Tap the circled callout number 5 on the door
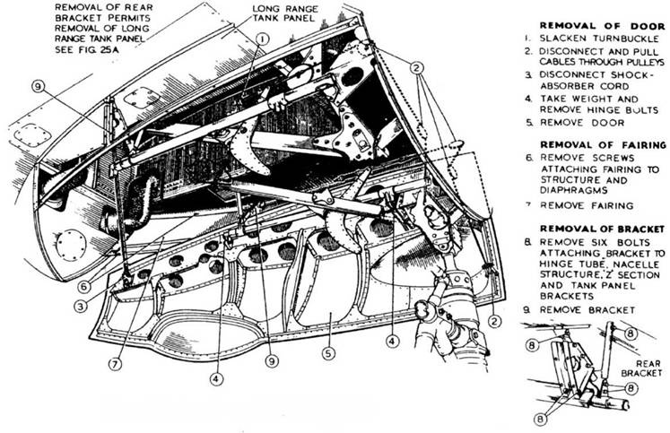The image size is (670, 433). click(x=328, y=353)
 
